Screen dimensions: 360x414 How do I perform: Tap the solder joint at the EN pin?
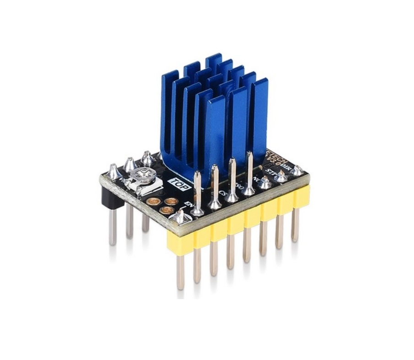(x=180, y=217)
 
